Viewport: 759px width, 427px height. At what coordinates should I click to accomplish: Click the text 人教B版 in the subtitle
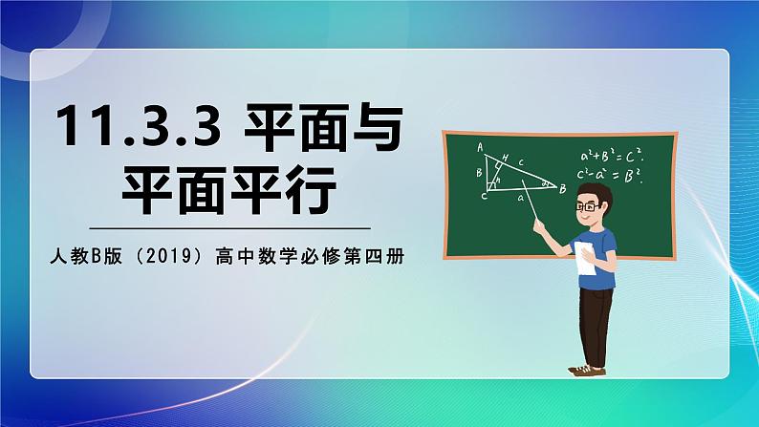coord(84,256)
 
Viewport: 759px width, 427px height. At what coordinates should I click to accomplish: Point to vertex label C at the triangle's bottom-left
coord(484,195)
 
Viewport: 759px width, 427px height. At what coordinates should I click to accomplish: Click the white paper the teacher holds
coord(582,258)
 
